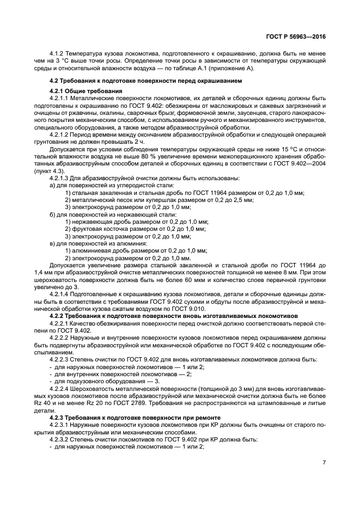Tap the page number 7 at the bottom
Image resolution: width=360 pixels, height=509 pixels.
point(324,462)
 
